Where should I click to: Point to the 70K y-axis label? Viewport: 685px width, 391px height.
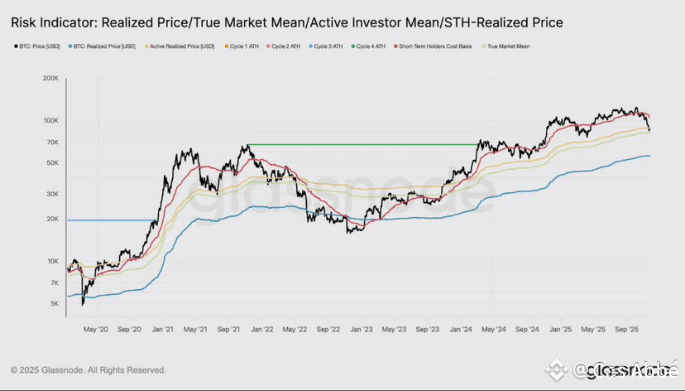click(x=51, y=142)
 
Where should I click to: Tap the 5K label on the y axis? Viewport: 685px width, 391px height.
click(x=54, y=304)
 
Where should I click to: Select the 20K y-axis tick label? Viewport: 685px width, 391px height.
click(x=51, y=220)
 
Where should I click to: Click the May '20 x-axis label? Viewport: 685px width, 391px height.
click(x=96, y=329)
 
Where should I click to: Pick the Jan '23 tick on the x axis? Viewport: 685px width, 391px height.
click(x=361, y=329)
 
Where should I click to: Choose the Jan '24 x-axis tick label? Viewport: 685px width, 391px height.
click(x=460, y=329)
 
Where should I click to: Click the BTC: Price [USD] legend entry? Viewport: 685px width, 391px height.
click(x=41, y=46)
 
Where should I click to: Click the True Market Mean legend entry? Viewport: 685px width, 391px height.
click(x=508, y=46)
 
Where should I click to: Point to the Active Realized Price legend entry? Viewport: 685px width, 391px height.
click(x=182, y=46)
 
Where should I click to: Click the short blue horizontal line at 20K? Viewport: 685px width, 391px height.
click(x=108, y=220)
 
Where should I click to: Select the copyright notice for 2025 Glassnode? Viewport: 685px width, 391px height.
click(x=89, y=369)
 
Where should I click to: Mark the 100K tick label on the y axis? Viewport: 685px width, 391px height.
click(x=50, y=121)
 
